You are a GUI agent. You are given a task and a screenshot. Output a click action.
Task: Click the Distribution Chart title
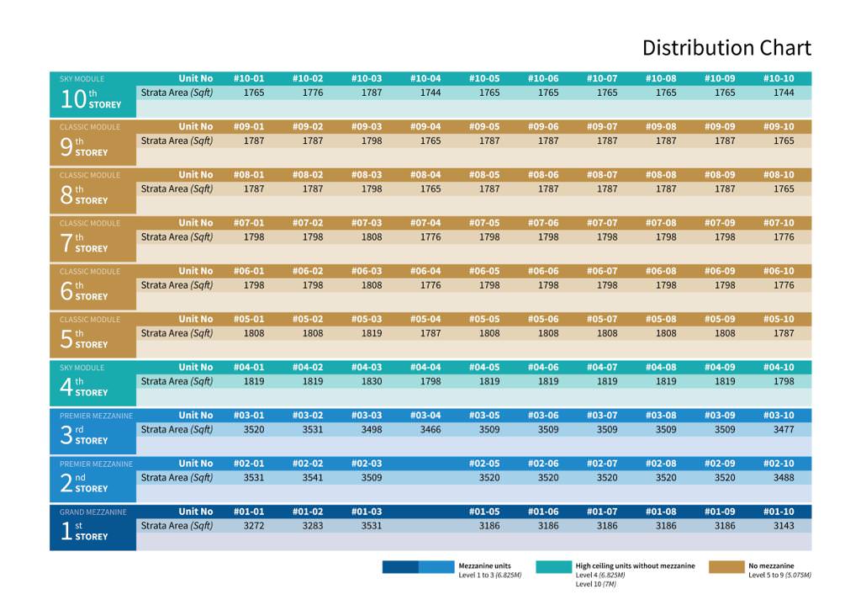tap(726, 48)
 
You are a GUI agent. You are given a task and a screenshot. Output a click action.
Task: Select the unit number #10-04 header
tap(425, 78)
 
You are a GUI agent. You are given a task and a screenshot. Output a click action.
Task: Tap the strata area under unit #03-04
tap(430, 429)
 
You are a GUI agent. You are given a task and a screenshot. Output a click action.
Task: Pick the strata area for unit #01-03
tap(372, 526)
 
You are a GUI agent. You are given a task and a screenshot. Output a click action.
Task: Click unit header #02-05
tap(484, 464)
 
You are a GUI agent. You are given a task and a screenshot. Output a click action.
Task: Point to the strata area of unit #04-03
tap(372, 381)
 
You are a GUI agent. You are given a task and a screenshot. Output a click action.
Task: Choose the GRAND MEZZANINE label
tap(93, 512)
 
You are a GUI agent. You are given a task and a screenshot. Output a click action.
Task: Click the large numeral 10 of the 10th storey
tap(73, 99)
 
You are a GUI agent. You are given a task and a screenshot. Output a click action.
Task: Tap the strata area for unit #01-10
tap(784, 526)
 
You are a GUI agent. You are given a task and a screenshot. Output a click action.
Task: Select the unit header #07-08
tap(661, 223)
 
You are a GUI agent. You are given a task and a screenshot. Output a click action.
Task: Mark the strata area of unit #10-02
tap(313, 93)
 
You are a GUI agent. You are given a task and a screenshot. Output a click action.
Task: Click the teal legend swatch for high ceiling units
tap(552, 567)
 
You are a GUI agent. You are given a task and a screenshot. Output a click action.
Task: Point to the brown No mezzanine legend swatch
tap(726, 567)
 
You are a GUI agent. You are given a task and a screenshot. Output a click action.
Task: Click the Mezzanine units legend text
tap(484, 566)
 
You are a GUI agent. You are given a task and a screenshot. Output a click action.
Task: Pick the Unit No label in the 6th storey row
tap(196, 271)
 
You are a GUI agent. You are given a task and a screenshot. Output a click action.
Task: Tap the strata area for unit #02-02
tap(313, 477)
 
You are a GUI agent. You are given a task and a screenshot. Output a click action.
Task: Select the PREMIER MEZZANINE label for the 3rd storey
tap(96, 416)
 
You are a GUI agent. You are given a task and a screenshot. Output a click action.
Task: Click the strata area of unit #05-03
tap(372, 333)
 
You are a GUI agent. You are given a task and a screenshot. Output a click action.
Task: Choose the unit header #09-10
tap(779, 127)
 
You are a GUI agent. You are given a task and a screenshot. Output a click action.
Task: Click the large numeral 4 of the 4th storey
tap(66, 387)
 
